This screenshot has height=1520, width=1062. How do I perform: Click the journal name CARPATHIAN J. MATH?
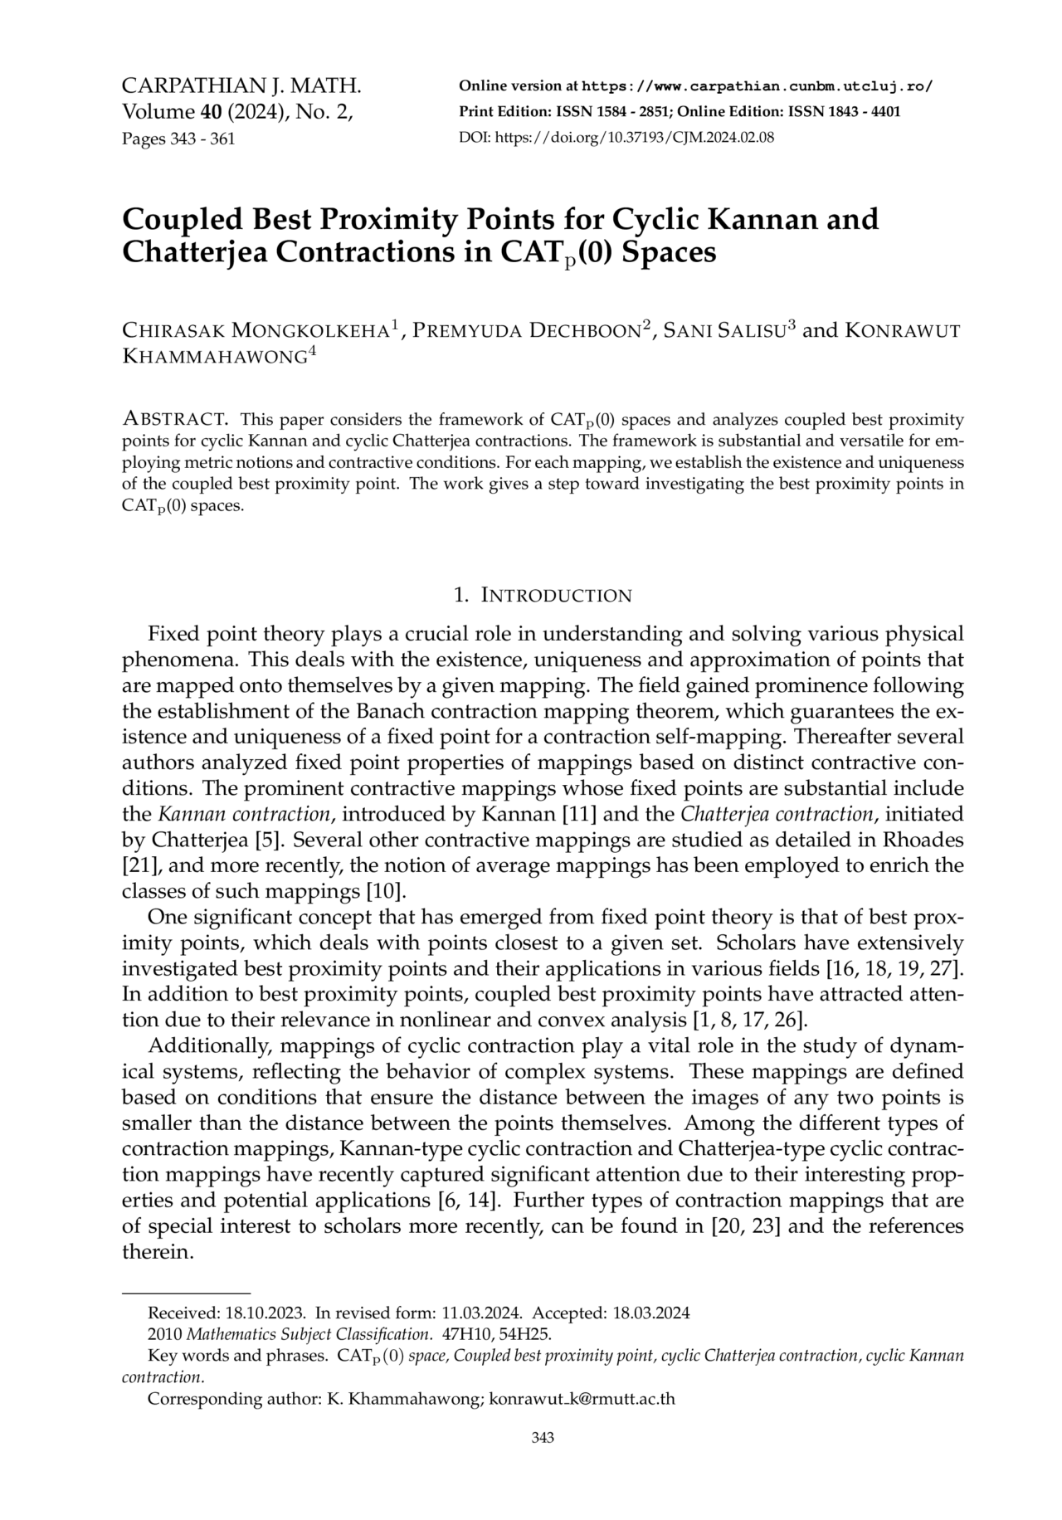(x=241, y=86)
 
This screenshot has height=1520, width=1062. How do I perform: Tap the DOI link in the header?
(x=616, y=138)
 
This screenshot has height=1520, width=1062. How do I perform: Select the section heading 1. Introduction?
(x=543, y=595)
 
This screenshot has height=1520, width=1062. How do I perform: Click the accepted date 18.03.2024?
(x=651, y=1313)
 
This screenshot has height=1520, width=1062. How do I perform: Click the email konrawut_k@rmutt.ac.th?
(x=582, y=1399)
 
